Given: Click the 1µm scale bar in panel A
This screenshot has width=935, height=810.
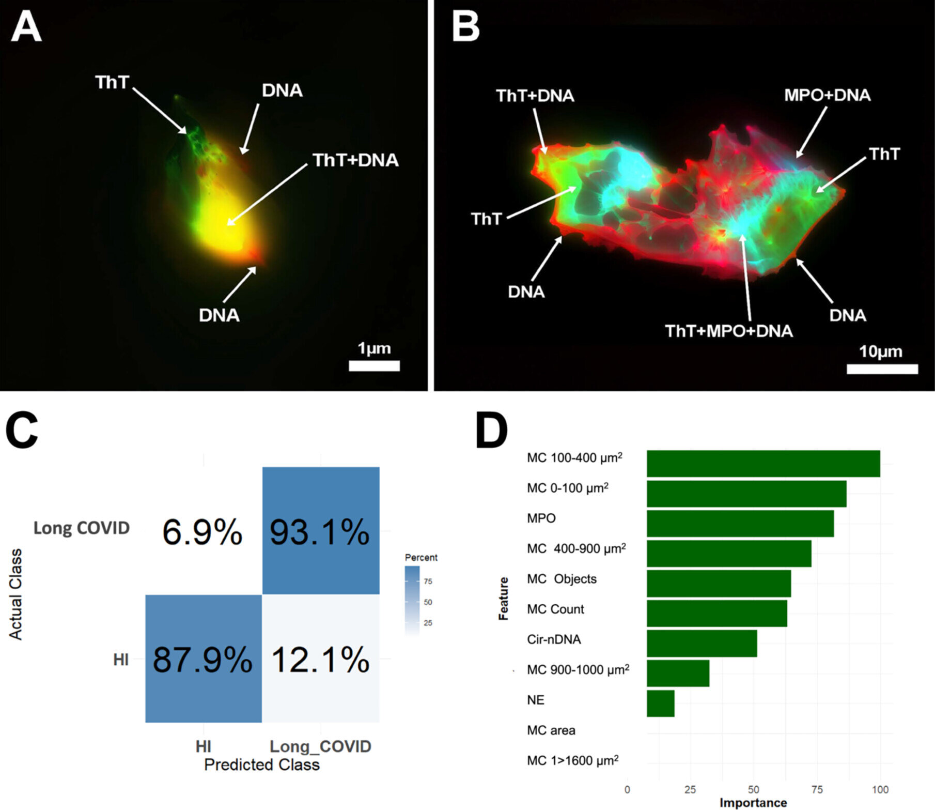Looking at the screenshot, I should tap(374, 366).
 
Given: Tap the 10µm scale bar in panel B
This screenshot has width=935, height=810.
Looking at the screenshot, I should tap(882, 369).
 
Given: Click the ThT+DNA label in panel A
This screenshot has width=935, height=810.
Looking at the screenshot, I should tap(355, 160).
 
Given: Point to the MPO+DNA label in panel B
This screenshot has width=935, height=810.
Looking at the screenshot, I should tap(827, 95).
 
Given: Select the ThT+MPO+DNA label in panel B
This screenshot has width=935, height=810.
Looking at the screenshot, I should tap(728, 331).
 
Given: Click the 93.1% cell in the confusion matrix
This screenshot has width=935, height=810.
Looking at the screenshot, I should tap(321, 531).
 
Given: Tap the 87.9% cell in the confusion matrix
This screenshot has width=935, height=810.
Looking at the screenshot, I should tap(203, 659).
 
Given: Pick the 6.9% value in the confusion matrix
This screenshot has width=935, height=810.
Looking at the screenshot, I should tap(202, 532).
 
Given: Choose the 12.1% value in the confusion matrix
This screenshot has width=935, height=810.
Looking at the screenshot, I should tap(321, 660).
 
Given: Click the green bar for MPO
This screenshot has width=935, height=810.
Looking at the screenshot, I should tap(740, 524).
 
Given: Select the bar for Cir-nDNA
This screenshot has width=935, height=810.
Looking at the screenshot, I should tap(702, 644).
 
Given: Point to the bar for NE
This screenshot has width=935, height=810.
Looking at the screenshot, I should tap(660, 704).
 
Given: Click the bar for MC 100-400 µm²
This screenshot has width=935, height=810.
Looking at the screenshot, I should tap(763, 464).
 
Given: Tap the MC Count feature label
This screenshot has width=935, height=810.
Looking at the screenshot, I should tap(555, 609).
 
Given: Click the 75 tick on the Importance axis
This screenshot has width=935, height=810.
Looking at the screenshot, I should tap(817, 789).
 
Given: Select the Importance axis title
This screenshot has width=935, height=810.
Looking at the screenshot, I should tap(753, 803).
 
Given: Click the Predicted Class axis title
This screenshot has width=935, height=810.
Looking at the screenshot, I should tap(262, 765).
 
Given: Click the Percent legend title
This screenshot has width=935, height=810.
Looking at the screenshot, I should tap(421, 557).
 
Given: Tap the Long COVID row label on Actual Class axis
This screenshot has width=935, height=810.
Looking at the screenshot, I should tap(82, 528).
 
